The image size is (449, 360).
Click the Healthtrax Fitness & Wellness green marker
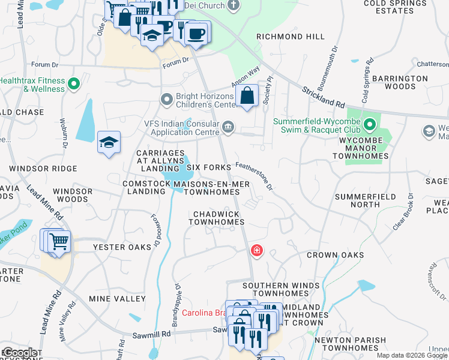[74, 84]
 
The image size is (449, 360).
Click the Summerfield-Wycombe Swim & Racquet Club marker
[369, 125]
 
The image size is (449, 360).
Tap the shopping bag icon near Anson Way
[247, 95]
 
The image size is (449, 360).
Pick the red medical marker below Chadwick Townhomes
[256, 250]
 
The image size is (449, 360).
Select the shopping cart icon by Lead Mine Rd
[58, 242]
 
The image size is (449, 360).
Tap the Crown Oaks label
[336, 255]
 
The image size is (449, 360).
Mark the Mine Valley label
[117, 298]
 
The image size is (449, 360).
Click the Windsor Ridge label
[43, 169]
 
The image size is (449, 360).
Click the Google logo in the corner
[19, 353]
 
